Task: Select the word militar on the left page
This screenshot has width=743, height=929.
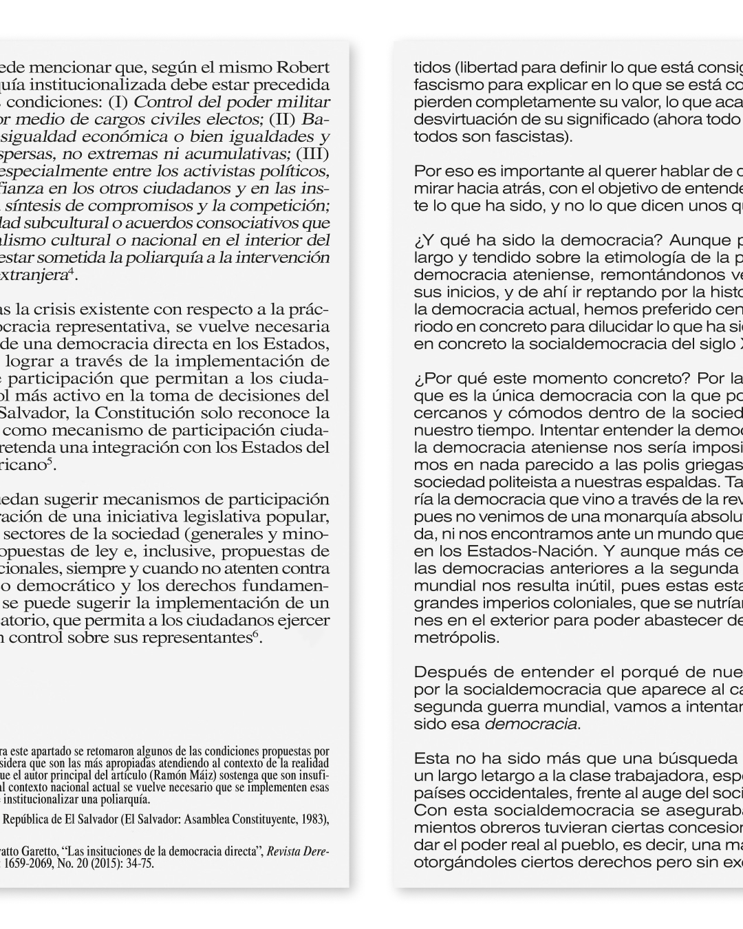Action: pyautogui.click(x=307, y=103)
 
